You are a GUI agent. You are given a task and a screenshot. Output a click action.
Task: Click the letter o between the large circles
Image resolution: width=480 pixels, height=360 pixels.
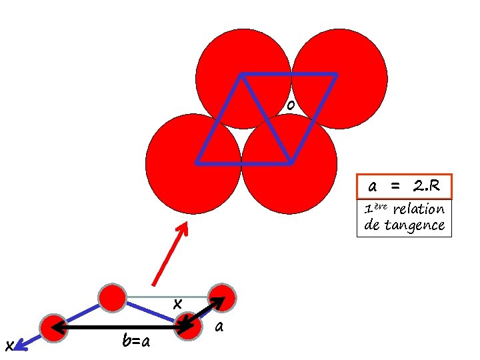click(290, 106)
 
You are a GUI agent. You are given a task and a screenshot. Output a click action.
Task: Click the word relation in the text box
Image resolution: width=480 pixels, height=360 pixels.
click(419, 209)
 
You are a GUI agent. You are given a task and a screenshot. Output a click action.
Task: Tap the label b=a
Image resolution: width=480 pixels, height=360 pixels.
click(136, 342)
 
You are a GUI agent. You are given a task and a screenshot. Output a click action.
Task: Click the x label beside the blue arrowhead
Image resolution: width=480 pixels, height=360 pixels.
click(8, 345)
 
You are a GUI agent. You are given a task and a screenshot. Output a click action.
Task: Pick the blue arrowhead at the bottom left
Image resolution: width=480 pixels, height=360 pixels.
click(19, 344)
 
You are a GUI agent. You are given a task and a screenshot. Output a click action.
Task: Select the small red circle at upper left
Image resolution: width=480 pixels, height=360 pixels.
click(112, 297)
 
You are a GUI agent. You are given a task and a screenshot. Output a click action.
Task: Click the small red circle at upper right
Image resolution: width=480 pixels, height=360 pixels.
click(223, 298)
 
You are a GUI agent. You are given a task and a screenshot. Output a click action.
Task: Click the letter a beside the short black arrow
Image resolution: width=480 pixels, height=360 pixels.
click(219, 327)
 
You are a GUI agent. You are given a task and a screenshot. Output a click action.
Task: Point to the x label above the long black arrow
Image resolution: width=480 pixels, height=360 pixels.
click(177, 303)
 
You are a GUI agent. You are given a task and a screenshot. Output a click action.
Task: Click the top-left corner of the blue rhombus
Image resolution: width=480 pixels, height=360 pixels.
click(241, 74)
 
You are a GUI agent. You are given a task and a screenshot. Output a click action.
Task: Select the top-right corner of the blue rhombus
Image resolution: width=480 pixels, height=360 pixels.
click(335, 74)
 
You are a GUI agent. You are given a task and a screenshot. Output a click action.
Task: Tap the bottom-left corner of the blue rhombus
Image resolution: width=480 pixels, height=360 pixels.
click(197, 162)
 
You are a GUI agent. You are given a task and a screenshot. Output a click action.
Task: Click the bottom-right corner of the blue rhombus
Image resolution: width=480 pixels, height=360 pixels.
click(290, 162)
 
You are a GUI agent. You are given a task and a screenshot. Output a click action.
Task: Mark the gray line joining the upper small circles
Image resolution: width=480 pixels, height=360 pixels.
click(167, 297)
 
